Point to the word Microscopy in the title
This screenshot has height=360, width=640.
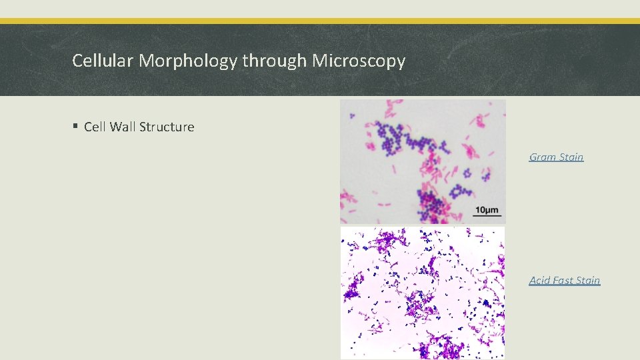tap(359, 61)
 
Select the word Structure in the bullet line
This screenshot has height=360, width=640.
tap(167, 127)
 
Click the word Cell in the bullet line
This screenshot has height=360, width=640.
tap(96, 127)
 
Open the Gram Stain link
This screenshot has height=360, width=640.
tap(556, 157)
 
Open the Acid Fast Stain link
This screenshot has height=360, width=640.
tap(565, 281)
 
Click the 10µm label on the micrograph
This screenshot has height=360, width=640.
tap(486, 210)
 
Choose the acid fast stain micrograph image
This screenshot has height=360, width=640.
tap(423, 293)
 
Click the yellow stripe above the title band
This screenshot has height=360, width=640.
tap(320, 21)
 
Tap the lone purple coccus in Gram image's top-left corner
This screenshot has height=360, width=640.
tap(353, 116)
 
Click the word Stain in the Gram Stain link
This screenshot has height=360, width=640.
tap(571, 157)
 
